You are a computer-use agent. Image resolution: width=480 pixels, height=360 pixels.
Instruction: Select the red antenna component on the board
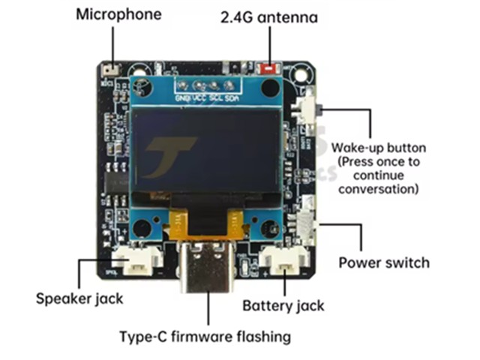267,70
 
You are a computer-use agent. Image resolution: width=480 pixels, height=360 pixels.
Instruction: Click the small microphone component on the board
109,70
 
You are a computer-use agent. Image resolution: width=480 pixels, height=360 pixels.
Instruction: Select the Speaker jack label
79,298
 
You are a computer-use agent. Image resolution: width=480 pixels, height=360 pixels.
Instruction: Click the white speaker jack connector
139,260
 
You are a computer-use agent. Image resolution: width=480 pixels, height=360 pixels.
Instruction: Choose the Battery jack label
283,305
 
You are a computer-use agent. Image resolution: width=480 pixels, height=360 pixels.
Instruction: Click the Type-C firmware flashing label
205,336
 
